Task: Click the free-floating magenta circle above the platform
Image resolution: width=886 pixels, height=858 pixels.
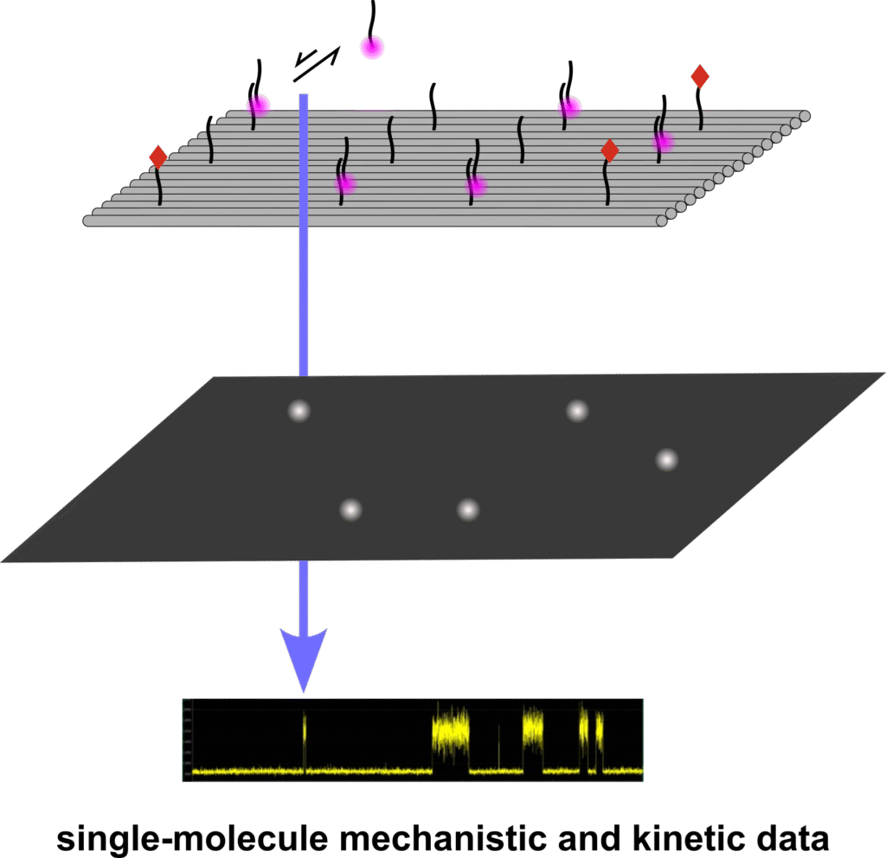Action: (372, 48)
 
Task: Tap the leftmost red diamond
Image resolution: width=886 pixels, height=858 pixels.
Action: (157, 157)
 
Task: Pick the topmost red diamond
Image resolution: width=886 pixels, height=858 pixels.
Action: (700, 77)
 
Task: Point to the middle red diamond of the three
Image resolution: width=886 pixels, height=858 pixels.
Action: (609, 150)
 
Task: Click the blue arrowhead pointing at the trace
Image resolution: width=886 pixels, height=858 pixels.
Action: (303, 657)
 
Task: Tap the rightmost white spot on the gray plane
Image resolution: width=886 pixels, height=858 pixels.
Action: (666, 459)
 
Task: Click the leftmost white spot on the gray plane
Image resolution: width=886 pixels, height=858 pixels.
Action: (299, 411)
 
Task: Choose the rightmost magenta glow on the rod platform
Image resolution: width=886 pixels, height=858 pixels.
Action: (663, 141)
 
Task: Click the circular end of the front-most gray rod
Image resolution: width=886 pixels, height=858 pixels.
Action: (662, 221)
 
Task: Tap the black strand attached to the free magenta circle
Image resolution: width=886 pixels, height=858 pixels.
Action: (373, 17)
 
